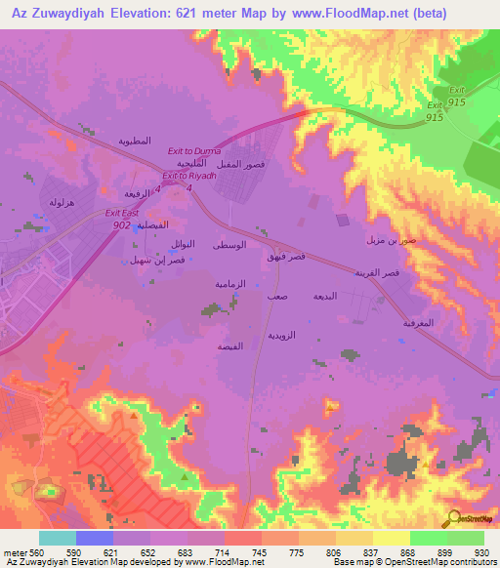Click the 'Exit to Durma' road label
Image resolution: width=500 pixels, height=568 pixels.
pyautogui.click(x=194, y=151)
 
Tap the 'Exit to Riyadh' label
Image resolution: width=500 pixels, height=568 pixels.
pyautogui.click(x=188, y=176)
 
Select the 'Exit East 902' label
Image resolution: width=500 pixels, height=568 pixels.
pyautogui.click(x=123, y=218)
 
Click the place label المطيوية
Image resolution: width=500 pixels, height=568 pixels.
pyautogui.click(x=134, y=141)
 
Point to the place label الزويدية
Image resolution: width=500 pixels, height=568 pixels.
pyautogui.click(x=281, y=335)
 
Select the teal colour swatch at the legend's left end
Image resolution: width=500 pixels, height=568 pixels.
pyautogui.click(x=57, y=538)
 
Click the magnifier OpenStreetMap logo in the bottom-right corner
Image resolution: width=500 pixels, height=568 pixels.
pyautogui.click(x=455, y=517)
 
